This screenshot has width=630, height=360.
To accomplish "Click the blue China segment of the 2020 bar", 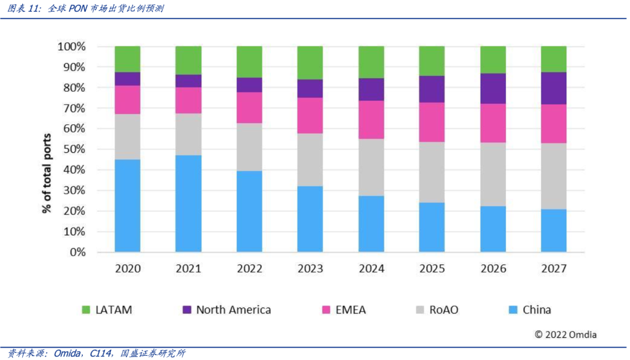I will click(x=127, y=205).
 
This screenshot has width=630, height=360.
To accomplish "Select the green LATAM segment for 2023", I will click(x=310, y=62).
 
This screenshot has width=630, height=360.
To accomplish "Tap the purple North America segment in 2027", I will click(x=554, y=88).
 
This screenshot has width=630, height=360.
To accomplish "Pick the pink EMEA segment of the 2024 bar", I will click(x=371, y=120).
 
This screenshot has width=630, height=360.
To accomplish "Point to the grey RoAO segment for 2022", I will click(x=249, y=146).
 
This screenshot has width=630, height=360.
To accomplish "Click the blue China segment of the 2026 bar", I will click(x=493, y=229).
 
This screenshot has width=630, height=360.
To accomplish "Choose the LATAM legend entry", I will click(x=107, y=310).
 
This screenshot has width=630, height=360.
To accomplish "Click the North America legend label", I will click(x=233, y=310).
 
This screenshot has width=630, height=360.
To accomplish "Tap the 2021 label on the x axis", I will click(x=188, y=269).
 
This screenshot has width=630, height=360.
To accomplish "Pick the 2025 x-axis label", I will click(x=432, y=269).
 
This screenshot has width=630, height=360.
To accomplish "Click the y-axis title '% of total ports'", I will click(x=47, y=173).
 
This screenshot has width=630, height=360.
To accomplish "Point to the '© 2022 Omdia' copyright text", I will click(x=565, y=335).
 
